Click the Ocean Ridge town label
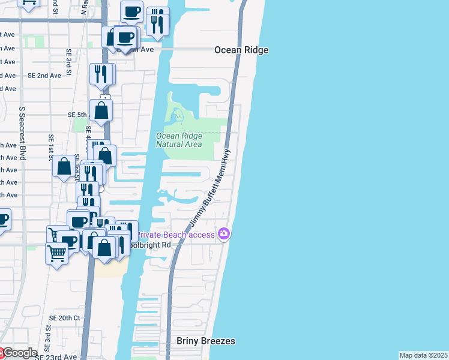241,50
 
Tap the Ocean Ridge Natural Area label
179,140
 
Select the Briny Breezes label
206,341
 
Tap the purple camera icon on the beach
224,233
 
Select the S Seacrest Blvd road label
23,133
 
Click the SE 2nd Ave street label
44,76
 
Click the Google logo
20,353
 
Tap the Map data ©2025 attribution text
424,355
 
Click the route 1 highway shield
106,97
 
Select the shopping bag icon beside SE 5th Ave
102,110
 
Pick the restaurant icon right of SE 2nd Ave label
101,73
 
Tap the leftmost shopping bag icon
64,166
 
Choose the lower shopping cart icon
56,253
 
